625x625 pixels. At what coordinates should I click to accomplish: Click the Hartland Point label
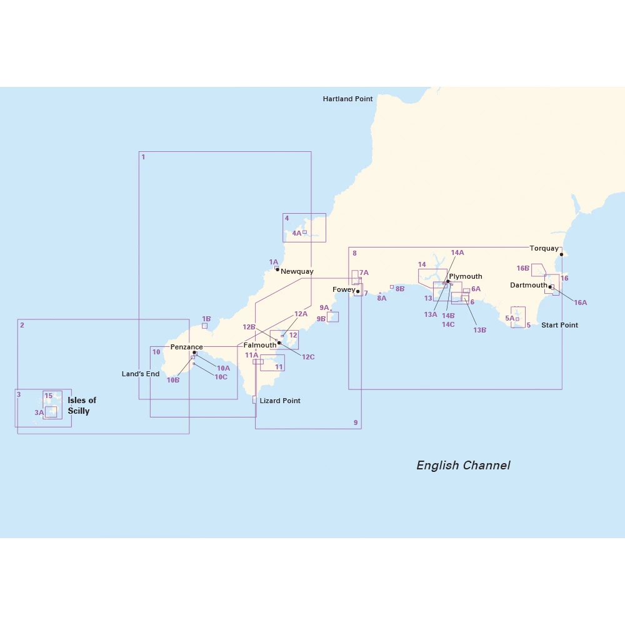347,99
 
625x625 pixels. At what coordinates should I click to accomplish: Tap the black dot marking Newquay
277,269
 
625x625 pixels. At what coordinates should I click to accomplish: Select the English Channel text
463,466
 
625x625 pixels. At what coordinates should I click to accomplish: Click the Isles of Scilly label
82,406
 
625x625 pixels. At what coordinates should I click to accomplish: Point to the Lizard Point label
280,401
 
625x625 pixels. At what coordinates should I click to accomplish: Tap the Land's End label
141,374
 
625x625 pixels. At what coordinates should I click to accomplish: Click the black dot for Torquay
561,254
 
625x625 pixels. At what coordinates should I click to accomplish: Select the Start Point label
559,325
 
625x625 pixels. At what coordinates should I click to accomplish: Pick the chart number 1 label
143,157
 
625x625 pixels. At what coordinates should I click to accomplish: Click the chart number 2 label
22,325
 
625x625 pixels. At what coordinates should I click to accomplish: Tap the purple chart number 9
356,423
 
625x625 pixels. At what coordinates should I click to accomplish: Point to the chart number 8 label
354,253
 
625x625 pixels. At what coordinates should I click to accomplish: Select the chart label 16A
581,302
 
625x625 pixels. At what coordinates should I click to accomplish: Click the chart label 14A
457,252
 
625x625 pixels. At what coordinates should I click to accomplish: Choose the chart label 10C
221,377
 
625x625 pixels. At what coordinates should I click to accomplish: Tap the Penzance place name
186,347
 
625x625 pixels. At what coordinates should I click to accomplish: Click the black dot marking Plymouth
448,281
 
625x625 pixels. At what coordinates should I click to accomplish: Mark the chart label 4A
297,233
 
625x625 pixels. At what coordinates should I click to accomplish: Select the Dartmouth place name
528,285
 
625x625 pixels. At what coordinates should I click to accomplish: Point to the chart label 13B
480,330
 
